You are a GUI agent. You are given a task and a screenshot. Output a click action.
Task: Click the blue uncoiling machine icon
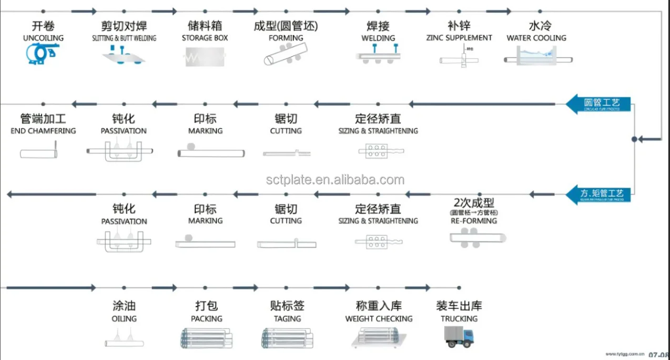point(42,54)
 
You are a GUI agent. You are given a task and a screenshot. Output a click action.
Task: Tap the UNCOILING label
point(43,38)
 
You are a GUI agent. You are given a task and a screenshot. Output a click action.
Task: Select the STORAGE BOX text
point(205,38)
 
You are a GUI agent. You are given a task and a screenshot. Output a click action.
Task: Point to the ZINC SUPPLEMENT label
point(459,38)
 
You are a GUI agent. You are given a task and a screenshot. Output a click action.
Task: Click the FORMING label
point(286,38)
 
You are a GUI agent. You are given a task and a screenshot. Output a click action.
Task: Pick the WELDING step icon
point(378,55)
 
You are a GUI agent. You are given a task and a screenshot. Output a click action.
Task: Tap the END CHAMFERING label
point(43,131)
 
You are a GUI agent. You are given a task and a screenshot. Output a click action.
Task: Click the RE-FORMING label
point(474,221)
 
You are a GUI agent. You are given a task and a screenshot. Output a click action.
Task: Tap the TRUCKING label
point(459,319)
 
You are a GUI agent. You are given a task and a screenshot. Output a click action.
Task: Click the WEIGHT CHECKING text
point(379,319)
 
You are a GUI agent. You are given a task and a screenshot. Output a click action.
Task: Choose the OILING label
point(124,319)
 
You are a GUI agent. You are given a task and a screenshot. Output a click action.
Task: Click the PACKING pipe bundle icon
point(205,338)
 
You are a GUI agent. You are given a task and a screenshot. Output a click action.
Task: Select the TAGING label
point(287,319)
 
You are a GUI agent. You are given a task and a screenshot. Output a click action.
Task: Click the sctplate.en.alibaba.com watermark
point(335,180)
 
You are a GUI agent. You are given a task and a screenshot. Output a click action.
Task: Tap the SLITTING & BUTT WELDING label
point(124,38)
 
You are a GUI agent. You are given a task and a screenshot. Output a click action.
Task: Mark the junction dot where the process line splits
point(634,139)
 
